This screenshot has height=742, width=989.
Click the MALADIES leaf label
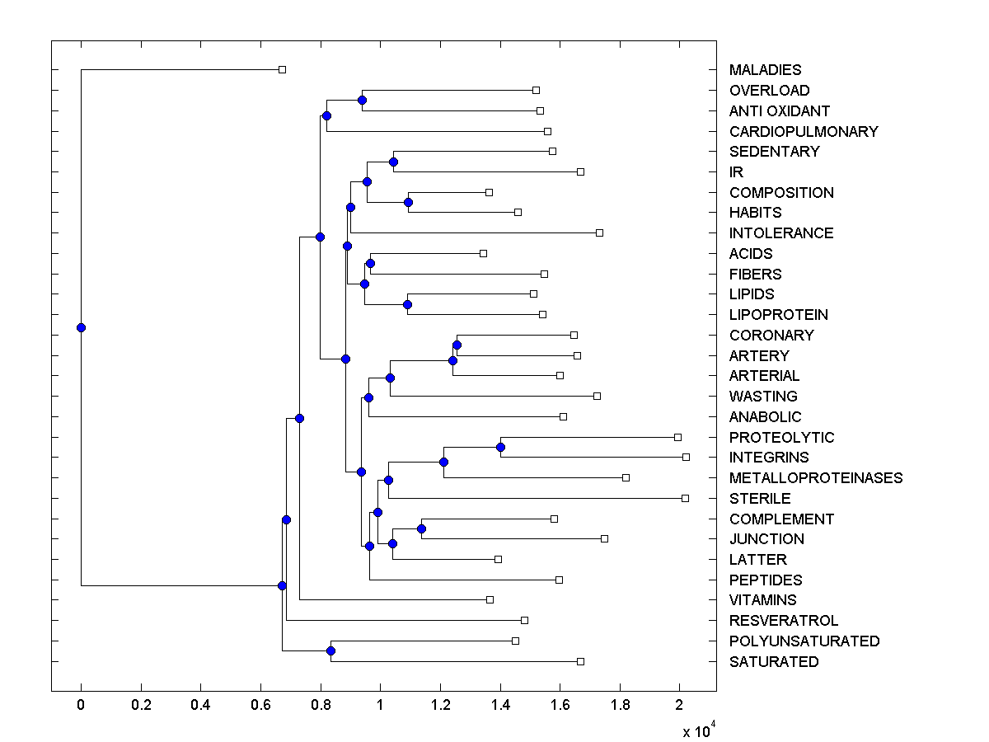tap(765, 70)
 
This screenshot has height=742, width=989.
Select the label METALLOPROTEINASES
tap(816, 478)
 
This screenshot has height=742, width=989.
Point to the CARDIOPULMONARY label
tap(804, 131)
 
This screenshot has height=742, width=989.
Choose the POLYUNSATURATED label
tap(804, 641)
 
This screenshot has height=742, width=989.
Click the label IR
tap(736, 172)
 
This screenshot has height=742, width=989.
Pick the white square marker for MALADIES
tap(282, 70)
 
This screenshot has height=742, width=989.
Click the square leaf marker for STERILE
tap(685, 498)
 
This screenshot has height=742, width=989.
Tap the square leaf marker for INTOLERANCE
tap(599, 232)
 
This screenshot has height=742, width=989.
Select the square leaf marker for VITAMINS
tap(490, 599)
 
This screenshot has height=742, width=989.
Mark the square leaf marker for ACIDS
tap(483, 253)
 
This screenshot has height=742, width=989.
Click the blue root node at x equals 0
tap(81, 327)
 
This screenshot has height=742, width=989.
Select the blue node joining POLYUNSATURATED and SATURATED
tap(330, 651)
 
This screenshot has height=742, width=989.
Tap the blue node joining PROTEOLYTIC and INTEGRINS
tap(500, 447)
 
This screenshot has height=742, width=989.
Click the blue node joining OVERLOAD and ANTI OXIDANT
tap(362, 100)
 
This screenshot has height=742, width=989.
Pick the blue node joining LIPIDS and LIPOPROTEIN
tap(407, 304)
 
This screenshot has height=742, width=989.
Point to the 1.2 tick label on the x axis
tap(439, 705)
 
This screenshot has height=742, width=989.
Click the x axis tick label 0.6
tap(260, 705)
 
